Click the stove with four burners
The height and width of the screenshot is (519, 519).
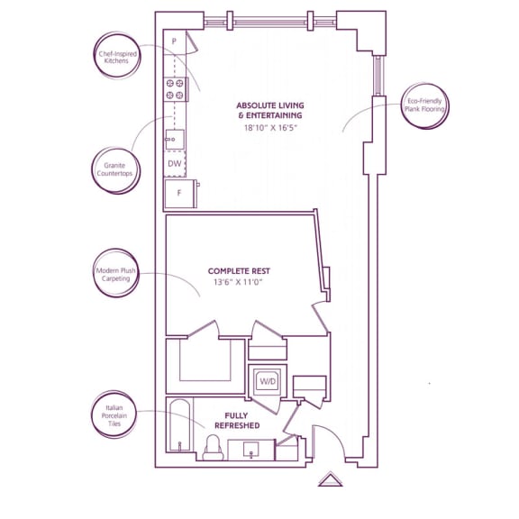pos(176,89)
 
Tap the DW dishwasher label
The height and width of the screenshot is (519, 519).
pos(175,163)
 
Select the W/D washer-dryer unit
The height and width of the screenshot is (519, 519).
pos(268,381)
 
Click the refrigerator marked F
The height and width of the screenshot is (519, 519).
pos(180,194)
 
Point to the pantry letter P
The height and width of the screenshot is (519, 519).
pos(174,41)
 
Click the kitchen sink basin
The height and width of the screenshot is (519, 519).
pos(175,140)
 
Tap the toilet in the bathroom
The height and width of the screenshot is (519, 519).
pos(213,448)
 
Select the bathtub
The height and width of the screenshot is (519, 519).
pos(179,425)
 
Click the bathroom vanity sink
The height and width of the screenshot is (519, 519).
pos(251,450)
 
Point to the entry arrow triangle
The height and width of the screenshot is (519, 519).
pos(331,479)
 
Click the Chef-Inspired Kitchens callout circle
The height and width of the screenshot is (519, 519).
pos(117,56)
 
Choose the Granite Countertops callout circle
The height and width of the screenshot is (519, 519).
pos(116,170)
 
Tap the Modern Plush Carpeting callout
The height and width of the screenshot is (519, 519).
pos(116,273)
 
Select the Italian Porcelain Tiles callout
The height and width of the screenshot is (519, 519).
pos(114,415)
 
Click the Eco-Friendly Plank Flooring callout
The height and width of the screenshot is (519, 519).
pos(424,105)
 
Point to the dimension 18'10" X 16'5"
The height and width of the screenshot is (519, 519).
pos(270,128)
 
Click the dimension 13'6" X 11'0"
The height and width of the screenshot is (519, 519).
pos(238,282)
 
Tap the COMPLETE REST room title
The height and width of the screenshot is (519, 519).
pos(239,271)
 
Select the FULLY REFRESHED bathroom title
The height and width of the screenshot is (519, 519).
pos(237,421)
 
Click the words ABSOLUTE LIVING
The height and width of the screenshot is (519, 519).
pos(270,105)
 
